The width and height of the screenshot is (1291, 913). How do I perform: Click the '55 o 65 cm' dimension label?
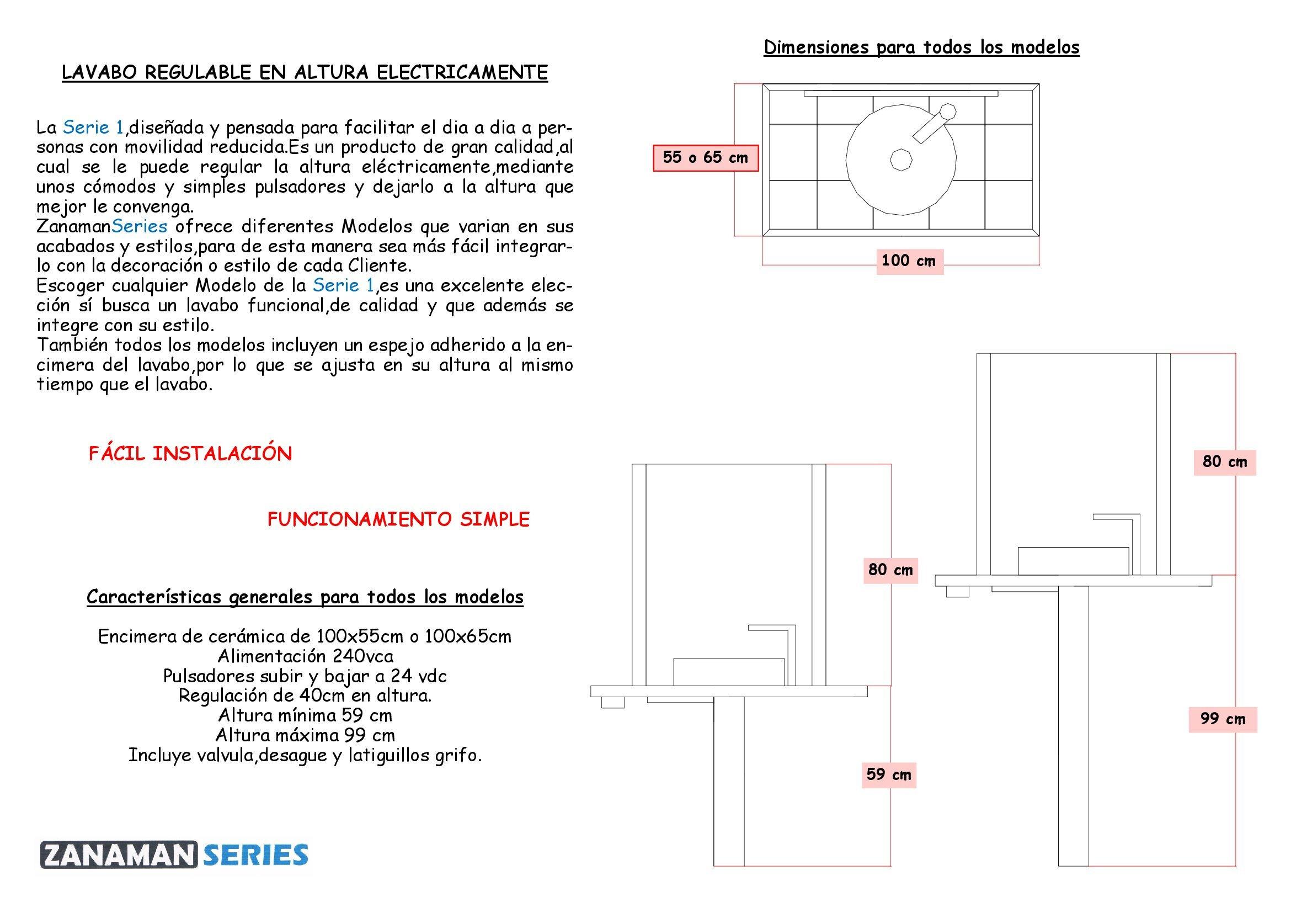pyautogui.click(x=705, y=157)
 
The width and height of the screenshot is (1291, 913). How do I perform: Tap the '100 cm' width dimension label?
pyautogui.click(x=909, y=261)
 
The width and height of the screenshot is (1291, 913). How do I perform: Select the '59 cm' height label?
pyautogui.click(x=888, y=774)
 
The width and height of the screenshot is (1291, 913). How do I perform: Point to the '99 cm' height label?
pyautogui.click(x=1223, y=719)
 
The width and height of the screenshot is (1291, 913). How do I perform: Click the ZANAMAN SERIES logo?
pyautogui.click(x=174, y=854)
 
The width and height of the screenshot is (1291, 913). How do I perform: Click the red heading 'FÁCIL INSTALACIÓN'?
pyautogui.click(x=190, y=454)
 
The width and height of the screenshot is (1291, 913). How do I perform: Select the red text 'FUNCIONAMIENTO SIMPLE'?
pyautogui.click(x=398, y=519)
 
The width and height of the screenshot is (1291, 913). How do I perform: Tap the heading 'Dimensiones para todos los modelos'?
pyautogui.click(x=921, y=47)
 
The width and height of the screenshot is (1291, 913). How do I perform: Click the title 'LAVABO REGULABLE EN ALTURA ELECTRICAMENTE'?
pyautogui.click(x=304, y=72)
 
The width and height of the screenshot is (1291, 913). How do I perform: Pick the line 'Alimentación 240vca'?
pyautogui.click(x=305, y=656)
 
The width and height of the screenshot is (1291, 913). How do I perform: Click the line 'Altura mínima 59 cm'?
pyautogui.click(x=305, y=715)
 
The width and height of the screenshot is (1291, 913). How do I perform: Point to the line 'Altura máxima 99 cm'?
pyautogui.click(x=305, y=735)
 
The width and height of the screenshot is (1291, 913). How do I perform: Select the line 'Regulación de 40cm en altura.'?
pyautogui.click(x=305, y=696)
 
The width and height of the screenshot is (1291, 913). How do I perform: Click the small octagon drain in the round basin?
pyautogui.click(x=901, y=159)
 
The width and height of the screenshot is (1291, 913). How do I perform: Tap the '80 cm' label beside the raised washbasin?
pyautogui.click(x=1224, y=462)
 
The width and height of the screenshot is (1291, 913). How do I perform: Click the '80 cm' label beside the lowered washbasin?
pyautogui.click(x=890, y=570)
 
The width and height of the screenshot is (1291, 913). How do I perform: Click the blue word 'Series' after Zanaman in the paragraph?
pyautogui.click(x=140, y=226)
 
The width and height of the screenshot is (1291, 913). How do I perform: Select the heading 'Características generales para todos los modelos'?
pyautogui.click(x=305, y=597)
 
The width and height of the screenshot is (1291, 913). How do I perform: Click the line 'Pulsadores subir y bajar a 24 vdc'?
pyautogui.click(x=305, y=676)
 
